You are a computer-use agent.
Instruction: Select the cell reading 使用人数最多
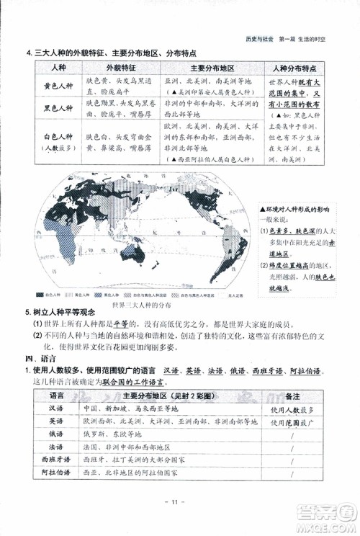click(x=293, y=409)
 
